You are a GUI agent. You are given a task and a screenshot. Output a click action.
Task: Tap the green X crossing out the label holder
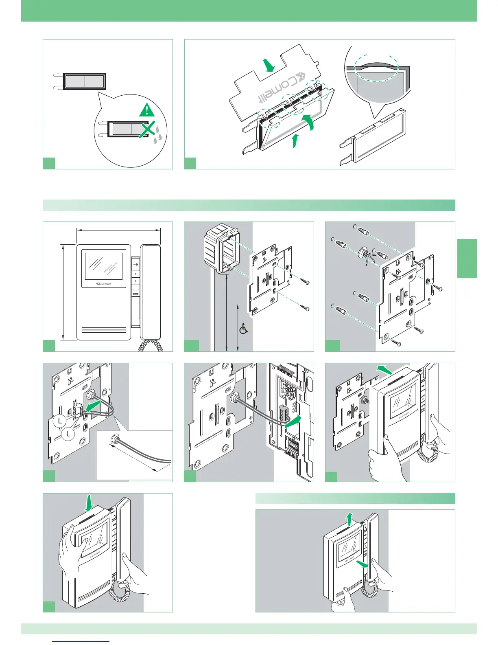[x=148, y=130]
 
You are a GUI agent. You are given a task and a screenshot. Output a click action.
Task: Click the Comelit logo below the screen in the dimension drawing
[x=103, y=284]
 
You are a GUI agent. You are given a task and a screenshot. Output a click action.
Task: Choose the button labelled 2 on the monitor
[x=135, y=281]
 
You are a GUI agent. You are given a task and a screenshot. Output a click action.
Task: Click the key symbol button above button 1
[x=135, y=265]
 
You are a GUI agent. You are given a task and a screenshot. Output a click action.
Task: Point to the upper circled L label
[x=60, y=421]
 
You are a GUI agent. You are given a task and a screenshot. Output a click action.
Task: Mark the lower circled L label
[x=68, y=434]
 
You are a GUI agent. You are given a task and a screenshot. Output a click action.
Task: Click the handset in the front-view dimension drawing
[x=151, y=291]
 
